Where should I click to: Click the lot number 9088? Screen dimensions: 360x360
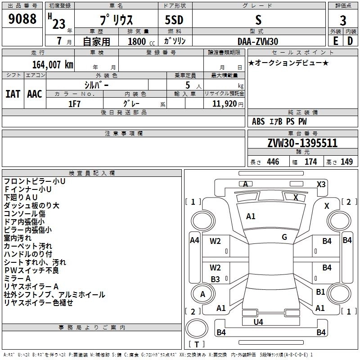point(22,19)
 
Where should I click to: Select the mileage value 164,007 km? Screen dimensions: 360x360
point(52,65)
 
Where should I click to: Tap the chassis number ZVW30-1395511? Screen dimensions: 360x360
point(302,144)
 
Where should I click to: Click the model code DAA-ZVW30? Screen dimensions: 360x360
point(258,41)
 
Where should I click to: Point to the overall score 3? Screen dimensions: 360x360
point(343,21)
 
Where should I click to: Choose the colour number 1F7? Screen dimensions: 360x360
point(74,103)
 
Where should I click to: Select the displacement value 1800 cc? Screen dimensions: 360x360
point(138,41)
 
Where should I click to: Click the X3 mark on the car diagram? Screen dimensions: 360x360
point(321,184)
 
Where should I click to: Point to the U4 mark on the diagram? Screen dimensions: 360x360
point(258,322)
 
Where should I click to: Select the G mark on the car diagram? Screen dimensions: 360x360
point(284,237)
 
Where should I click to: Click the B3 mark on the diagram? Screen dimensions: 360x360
point(216,279)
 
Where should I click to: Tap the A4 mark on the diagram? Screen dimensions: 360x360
point(194,240)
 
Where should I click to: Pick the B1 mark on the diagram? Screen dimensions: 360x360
point(320,292)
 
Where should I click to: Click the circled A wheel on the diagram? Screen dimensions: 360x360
point(202,294)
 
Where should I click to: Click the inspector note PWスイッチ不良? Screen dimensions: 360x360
point(31,270)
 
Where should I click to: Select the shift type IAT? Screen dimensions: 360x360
point(13,94)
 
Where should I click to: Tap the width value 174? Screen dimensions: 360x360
point(310,162)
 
